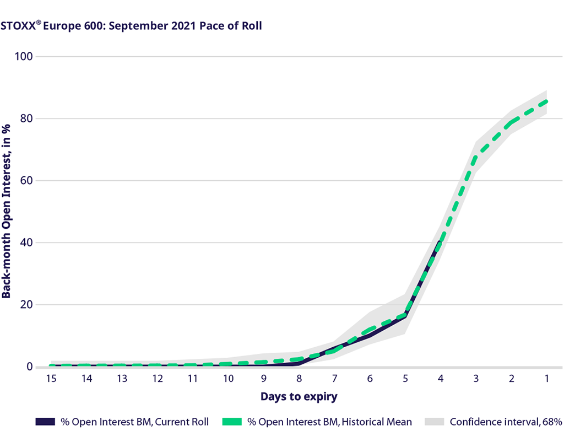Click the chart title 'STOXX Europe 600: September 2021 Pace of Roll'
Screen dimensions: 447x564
pos(131,26)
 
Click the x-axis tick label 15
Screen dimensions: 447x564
pos(51,379)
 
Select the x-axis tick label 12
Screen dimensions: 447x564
pos(158,379)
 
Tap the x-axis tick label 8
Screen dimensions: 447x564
pos(299,379)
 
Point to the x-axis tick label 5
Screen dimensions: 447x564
pos(405,379)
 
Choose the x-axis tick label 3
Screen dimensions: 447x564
pos(476,379)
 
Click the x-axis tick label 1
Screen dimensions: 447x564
pos(547,379)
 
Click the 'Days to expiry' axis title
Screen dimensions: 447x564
pos(299,396)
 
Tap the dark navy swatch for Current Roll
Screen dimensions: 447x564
pos(45,422)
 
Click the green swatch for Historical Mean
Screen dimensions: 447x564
pos(232,422)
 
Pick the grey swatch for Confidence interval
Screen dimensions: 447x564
pos(435,422)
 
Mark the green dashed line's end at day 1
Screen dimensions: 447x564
pos(546,101)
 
